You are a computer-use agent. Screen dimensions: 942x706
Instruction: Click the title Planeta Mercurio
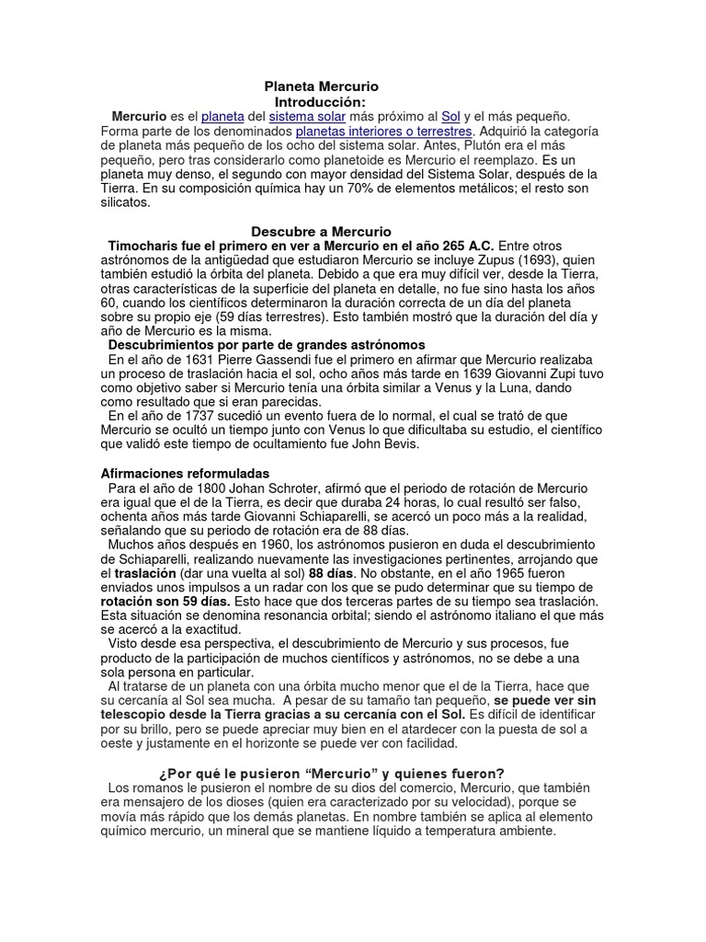click(x=321, y=86)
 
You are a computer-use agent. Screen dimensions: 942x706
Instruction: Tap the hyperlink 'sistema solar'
click(x=307, y=117)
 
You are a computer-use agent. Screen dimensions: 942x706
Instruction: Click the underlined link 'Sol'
click(x=450, y=117)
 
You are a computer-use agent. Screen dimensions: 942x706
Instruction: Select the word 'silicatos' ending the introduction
click(x=124, y=203)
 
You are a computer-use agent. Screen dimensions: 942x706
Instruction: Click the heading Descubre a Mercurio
click(x=321, y=232)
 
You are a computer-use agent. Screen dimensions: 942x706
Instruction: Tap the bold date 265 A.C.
click(x=464, y=247)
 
